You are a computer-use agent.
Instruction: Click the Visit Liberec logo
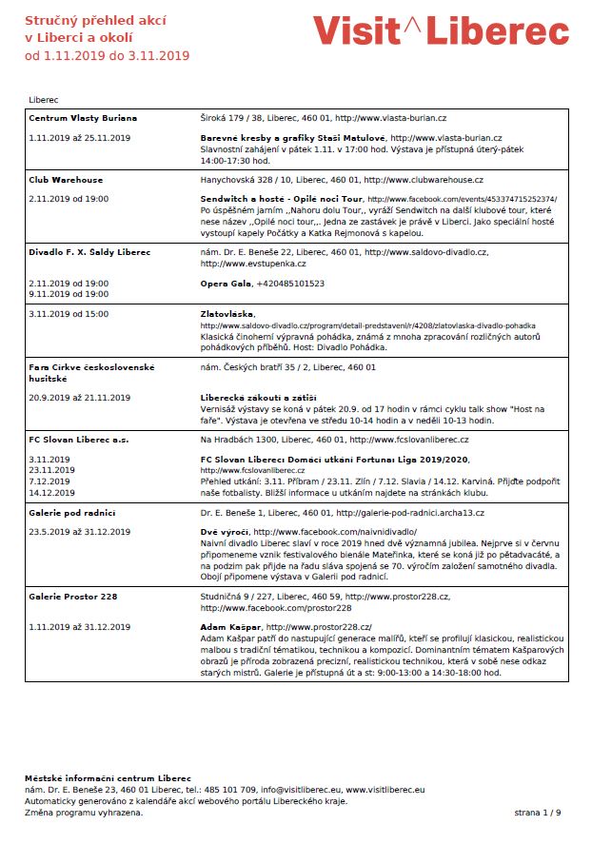(441, 31)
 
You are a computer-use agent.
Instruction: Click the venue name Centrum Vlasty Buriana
(83, 118)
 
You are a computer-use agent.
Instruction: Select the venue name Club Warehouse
(66, 180)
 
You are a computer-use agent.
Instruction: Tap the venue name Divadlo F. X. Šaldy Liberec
(89, 252)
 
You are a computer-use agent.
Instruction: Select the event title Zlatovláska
(228, 313)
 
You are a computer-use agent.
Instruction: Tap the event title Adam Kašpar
(231, 628)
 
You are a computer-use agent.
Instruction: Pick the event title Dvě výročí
(225, 532)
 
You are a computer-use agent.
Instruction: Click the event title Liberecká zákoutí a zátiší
(258, 397)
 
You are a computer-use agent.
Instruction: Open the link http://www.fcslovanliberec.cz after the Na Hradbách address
(408, 440)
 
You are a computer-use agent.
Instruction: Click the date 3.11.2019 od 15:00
(69, 313)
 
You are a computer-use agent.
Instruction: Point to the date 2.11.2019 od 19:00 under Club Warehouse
(69, 199)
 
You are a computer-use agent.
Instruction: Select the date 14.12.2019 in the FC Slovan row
(52, 493)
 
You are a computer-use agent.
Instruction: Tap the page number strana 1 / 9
(538, 813)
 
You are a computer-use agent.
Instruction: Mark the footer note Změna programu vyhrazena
(84, 813)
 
